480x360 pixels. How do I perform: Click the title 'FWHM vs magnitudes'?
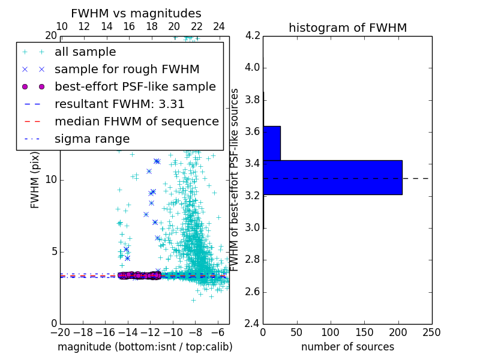click(136, 14)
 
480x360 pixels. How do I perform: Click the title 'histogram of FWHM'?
click(347, 28)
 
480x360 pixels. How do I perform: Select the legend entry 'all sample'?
click(85, 52)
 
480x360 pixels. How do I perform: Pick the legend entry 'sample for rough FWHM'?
click(127, 69)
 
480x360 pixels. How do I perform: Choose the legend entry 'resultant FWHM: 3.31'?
click(119, 104)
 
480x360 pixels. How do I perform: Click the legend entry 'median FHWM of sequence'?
click(137, 121)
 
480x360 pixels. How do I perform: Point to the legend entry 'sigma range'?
click(92, 139)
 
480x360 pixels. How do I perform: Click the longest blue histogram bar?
click(332, 178)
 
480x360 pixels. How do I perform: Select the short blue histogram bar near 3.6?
click(272, 143)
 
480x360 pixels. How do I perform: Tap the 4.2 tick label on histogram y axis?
click(253, 35)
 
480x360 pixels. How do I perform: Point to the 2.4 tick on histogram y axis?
click(253, 324)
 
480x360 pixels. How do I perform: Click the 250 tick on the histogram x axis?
click(431, 332)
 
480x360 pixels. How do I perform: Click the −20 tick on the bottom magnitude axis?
click(60, 332)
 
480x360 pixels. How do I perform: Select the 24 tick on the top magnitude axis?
click(219, 27)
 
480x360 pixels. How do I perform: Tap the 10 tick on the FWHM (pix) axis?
click(51, 179)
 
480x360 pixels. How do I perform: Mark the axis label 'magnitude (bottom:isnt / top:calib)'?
click(145, 347)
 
